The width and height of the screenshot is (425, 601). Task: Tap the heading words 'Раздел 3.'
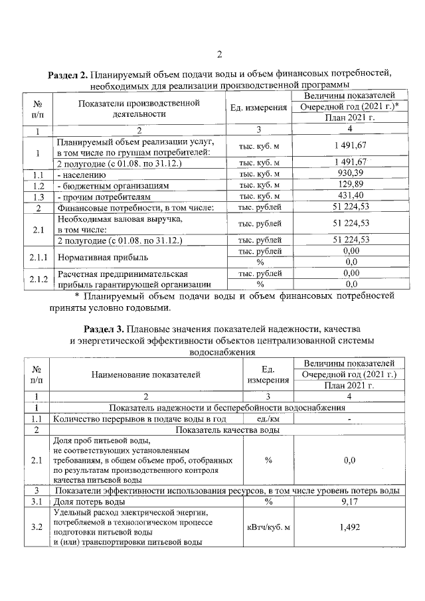104,329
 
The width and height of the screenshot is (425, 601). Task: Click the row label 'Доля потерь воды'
88,502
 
